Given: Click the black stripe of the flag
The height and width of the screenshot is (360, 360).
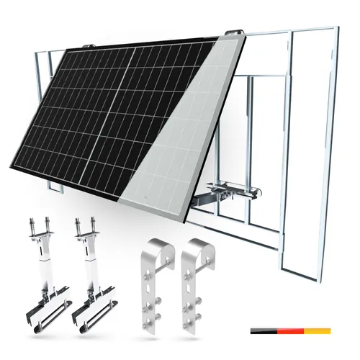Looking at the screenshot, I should [x=264, y=330].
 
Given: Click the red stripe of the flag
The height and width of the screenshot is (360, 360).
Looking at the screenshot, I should [x=292, y=330].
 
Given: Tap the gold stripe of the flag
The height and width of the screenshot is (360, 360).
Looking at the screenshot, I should [x=318, y=330].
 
